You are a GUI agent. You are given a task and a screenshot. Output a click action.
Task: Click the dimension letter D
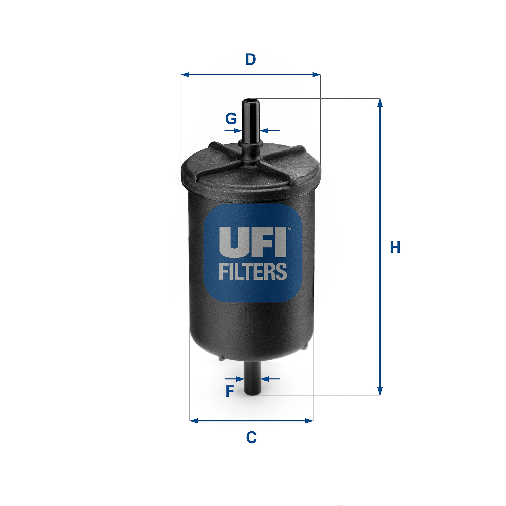point(251,59)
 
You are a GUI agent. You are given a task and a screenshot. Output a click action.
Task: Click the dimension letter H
point(395,247)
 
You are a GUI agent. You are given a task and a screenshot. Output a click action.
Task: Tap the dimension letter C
point(251,438)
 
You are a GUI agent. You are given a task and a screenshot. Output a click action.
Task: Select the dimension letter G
point(231,119)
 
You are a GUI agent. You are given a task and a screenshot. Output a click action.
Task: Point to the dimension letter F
point(230,391)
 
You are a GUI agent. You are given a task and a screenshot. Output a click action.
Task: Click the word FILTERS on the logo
point(253,272)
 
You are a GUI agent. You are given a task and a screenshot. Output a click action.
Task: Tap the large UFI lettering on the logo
point(252,242)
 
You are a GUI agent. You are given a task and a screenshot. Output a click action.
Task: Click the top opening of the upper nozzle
point(250,100)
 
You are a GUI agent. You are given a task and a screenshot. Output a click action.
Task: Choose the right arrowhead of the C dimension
point(309,421)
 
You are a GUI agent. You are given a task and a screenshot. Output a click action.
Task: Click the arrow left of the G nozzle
point(237,131)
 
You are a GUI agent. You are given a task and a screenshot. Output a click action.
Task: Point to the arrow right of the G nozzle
point(265,131)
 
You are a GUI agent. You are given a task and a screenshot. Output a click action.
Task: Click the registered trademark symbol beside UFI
point(289,228)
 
